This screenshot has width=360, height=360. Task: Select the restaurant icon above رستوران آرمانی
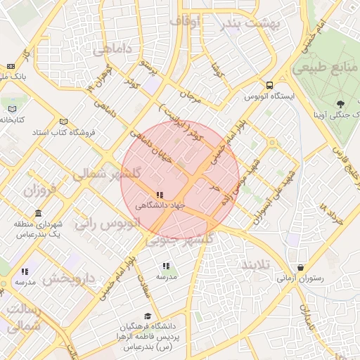pyautogui.click(x=302, y=267)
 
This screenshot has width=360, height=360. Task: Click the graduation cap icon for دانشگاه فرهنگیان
pyautogui.click(x=147, y=316)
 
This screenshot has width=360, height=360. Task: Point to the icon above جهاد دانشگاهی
pyautogui.click(x=160, y=194)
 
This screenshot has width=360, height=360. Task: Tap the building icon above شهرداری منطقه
pyautogui.click(x=37, y=212)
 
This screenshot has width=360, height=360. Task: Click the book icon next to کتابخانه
pyautogui.click(x=11, y=108)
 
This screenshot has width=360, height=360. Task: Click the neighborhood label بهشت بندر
pyautogui.click(x=250, y=23)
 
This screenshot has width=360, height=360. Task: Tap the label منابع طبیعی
pyautogui.click(x=326, y=67)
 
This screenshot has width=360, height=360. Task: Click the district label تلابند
pyautogui.click(x=256, y=265)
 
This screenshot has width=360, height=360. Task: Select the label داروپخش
pyautogui.click(x=69, y=278)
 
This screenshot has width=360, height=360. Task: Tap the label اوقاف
pyautogui.click(x=186, y=22)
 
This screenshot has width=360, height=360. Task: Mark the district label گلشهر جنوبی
pyautogui.click(x=179, y=240)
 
